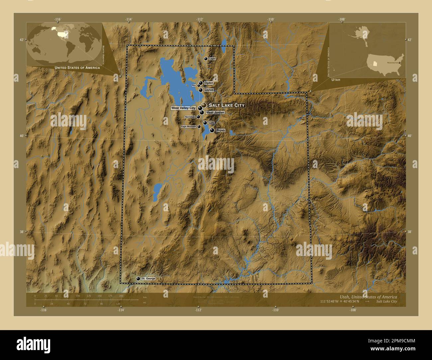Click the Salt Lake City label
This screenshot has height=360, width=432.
[x=226, y=105]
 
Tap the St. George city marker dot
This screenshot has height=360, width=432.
[x=138, y=279]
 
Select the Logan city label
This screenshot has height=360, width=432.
[x=212, y=59]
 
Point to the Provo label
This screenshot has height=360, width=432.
[x=220, y=131]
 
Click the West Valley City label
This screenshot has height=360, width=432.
[x=183, y=108]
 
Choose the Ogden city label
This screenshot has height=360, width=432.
[x=209, y=83]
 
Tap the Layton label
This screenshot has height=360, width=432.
[x=209, y=90]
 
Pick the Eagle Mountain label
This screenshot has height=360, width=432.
[x=188, y=127]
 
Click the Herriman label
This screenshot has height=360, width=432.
[x=190, y=117]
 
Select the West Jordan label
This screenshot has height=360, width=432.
[x=215, y=113]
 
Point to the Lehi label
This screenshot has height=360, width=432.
[x=211, y=123]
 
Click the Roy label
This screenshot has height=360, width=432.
[x=194, y=85]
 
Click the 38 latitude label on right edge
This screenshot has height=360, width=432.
[x=409, y=232]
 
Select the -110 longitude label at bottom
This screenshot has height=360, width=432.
[x=275, y=310]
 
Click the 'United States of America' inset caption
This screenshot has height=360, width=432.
[x=77, y=68]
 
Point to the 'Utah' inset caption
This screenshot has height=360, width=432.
[x=335, y=80]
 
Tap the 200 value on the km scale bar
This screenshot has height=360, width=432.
[x=121, y=296]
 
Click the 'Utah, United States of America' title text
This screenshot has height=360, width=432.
[x=368, y=296]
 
